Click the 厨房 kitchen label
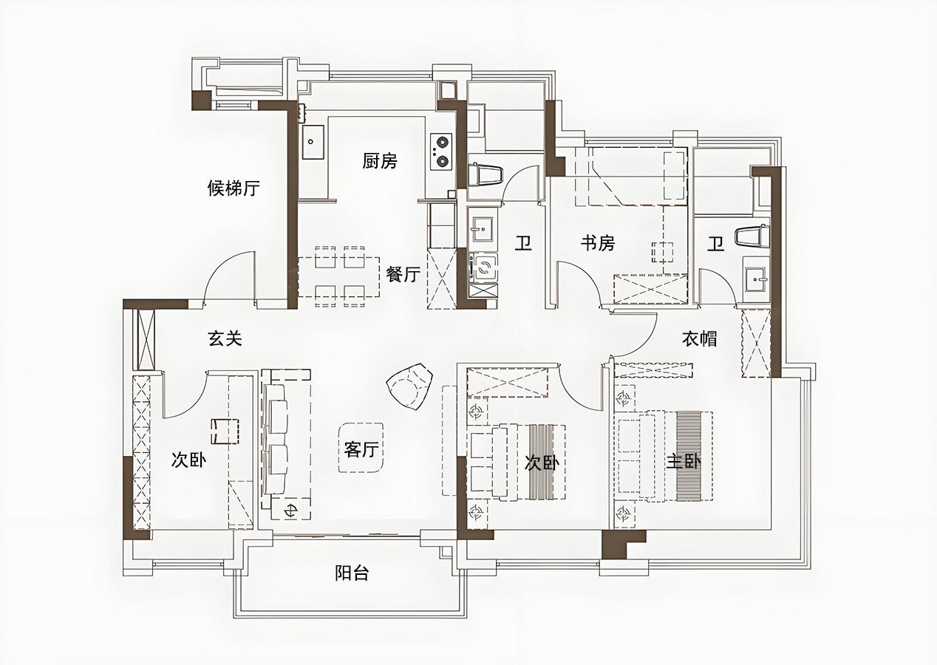pyautogui.click(x=380, y=161)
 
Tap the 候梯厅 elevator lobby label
pyautogui.click(x=234, y=188)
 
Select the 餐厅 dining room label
pyautogui.click(x=403, y=274)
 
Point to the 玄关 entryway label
pyautogui.click(x=225, y=338)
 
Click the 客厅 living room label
pyautogui.click(x=361, y=450)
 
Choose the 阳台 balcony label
pyautogui.click(x=352, y=573)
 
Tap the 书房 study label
pyautogui.click(x=598, y=243)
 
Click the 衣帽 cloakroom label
pyautogui.click(x=700, y=338)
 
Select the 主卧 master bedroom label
pyautogui.click(x=684, y=462)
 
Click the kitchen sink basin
pyautogui.click(x=313, y=142)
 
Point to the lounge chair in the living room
pyautogui.click(x=409, y=387)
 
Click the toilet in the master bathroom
pyautogui.click(x=752, y=237)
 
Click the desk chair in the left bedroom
pyautogui.click(x=225, y=431)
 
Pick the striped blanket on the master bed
pyautogui.click(x=689, y=457)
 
